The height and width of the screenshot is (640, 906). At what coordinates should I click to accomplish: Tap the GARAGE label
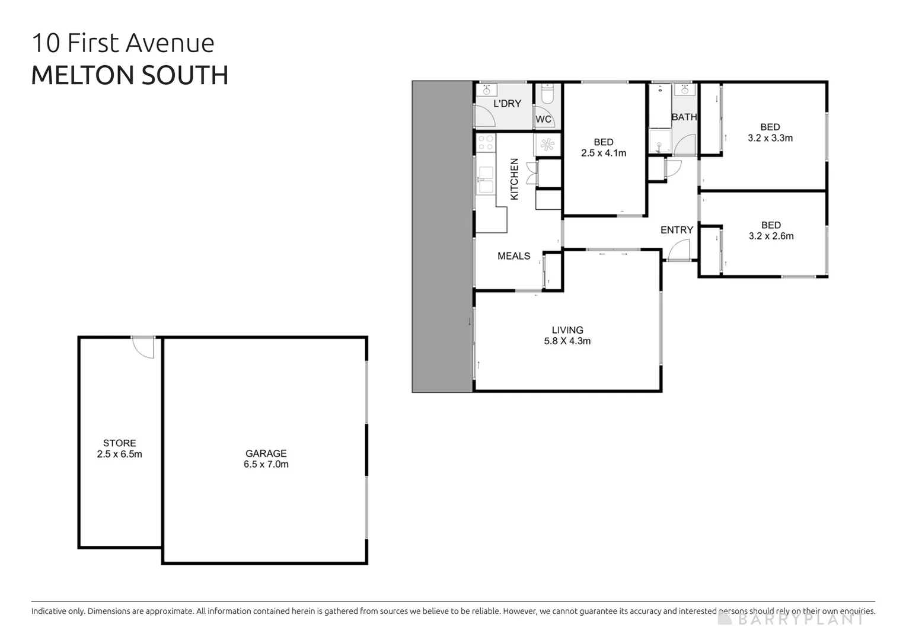coord(266,453)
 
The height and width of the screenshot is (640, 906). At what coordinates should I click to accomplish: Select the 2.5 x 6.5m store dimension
coord(119,455)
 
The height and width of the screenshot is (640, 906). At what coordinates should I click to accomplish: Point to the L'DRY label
coord(507,104)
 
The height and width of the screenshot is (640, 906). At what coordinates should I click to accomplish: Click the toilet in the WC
coord(547,96)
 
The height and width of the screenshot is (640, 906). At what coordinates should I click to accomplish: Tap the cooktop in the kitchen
coord(486,142)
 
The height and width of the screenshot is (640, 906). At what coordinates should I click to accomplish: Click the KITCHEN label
coord(514,179)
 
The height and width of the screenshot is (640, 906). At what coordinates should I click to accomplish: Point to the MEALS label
coord(513,256)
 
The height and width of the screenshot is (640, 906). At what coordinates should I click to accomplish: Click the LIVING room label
coord(567,330)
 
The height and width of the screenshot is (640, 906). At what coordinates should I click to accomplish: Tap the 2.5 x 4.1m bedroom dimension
coord(603,153)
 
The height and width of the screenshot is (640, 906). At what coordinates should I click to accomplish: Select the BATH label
coord(684,117)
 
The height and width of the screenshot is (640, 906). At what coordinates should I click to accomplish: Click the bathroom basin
coord(685,90)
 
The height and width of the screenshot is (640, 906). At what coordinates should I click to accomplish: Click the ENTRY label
coord(677,230)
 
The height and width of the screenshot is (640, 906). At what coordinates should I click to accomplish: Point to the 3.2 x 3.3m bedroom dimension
coord(770,138)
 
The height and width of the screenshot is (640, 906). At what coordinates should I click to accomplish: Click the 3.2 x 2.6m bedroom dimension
coord(770,236)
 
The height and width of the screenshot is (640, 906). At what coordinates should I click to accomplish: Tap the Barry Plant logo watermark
coord(791,619)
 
